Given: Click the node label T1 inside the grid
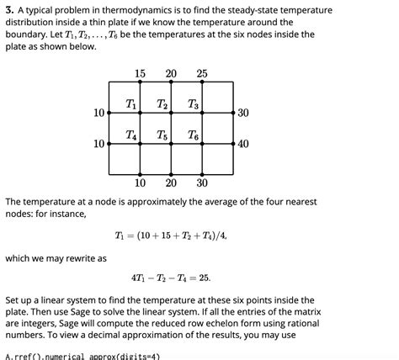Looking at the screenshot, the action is coord(131,104).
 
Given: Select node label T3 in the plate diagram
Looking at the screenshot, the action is coord(194,104).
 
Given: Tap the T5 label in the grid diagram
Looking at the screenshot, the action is coord(162,135).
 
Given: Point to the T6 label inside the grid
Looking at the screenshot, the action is coord(194,135).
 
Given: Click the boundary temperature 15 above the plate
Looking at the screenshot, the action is coord(140,74).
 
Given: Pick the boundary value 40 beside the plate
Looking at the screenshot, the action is coord(243,144).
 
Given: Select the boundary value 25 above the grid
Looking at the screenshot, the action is coord(202,74).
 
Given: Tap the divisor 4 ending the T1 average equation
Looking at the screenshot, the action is coord(222,236).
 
